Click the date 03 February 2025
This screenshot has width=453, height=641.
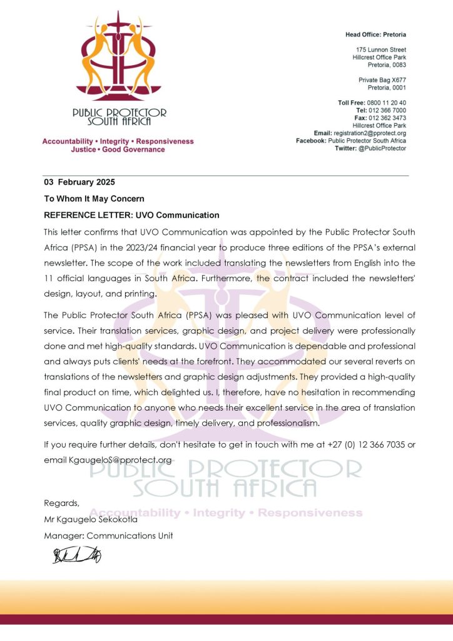tap(79, 182)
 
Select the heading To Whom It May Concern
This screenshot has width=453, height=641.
tap(94, 198)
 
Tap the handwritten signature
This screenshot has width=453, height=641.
tap(77, 555)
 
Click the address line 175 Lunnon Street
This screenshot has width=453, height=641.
tap(381, 49)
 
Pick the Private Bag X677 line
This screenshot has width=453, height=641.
tap(382, 80)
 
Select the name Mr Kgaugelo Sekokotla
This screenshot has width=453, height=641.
tap(91, 520)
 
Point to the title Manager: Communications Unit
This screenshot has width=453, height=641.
tap(108, 535)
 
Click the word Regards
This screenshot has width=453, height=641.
tap(61, 503)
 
